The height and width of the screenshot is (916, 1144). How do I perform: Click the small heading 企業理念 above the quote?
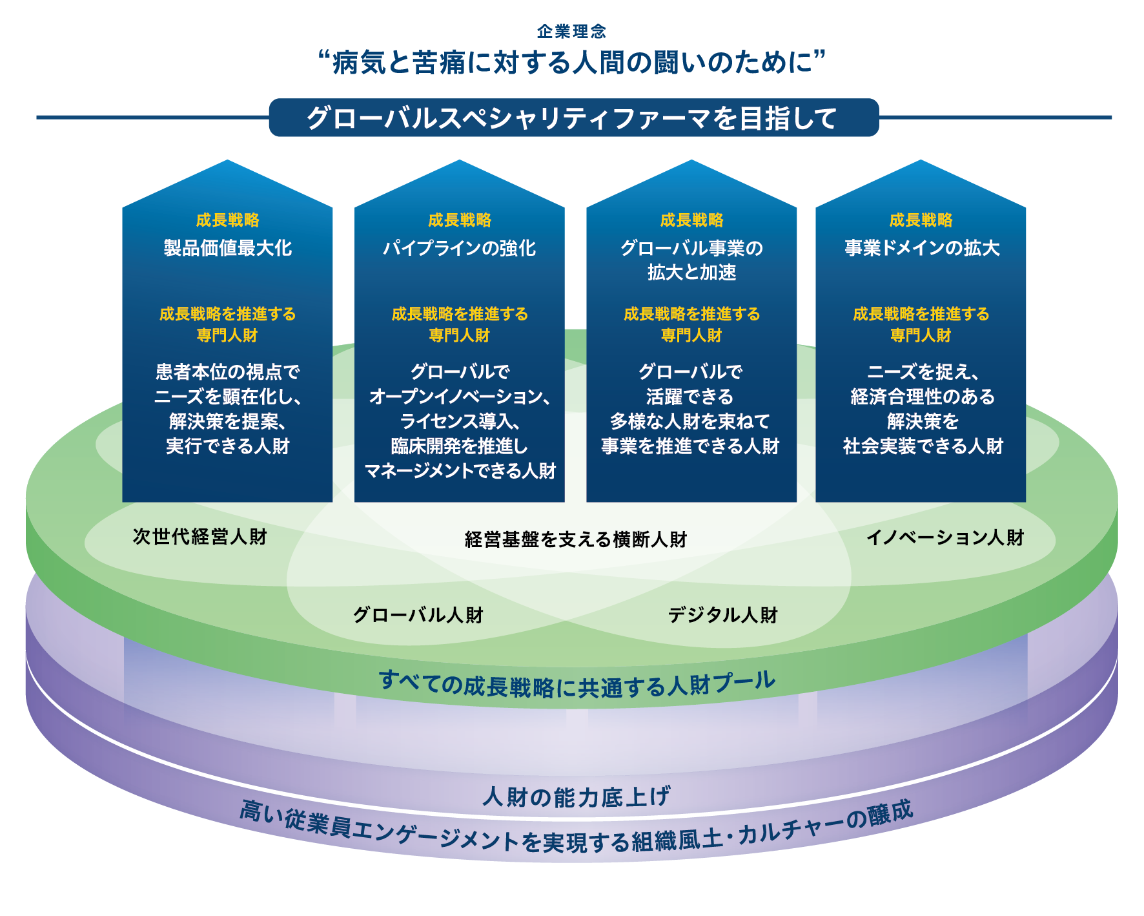pos(571,31)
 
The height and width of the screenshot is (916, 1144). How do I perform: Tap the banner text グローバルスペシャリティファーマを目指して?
pos(572,118)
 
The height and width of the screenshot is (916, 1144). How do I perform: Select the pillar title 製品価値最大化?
pos(227,248)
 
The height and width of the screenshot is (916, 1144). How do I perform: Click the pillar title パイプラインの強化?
pos(459,248)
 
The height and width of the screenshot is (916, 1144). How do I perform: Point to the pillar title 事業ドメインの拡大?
pos(921,248)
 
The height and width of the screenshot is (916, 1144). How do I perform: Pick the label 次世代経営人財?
pos(199,537)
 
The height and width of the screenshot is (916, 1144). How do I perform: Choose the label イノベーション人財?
pos(945,537)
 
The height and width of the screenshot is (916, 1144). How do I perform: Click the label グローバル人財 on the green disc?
pos(418,614)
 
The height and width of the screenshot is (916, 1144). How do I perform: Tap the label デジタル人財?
pos(722,614)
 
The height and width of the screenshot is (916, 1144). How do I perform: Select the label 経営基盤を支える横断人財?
pos(575,539)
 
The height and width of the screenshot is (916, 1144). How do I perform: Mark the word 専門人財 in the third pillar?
pos(691,335)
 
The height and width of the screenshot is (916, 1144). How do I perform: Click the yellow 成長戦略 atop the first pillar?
pos(227,220)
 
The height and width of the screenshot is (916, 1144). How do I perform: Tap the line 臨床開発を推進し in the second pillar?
pos(459,446)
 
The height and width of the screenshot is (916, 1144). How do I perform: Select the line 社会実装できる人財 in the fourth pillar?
pos(922,446)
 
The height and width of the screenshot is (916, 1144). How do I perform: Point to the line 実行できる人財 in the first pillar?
pos(227,446)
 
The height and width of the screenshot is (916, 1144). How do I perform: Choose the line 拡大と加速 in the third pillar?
pos(691,273)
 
